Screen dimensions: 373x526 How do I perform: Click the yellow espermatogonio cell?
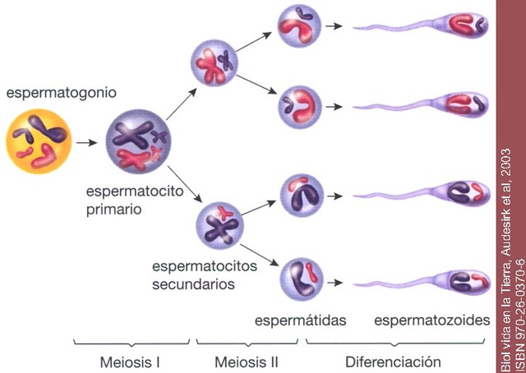pos(37,143)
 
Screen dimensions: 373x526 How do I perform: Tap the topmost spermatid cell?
pos(298,26)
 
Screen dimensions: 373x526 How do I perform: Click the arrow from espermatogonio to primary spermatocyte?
pos(85,143)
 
